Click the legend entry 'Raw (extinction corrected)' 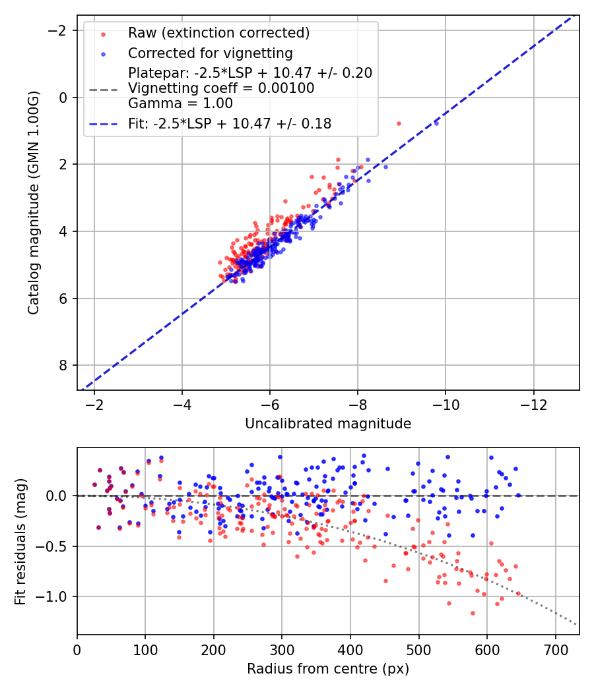click(x=218, y=33)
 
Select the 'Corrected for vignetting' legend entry click(x=211, y=53)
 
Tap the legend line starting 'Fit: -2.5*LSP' click(x=230, y=123)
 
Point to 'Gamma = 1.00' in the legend click(x=180, y=103)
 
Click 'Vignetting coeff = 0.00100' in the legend click(x=221, y=88)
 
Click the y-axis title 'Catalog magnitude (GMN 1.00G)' click(x=34, y=202)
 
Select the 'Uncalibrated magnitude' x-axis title click(x=328, y=424)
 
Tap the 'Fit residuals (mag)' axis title click(x=21, y=541)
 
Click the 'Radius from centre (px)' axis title click(x=328, y=669)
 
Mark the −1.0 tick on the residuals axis click(x=57, y=596)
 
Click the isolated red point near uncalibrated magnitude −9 click(x=399, y=123)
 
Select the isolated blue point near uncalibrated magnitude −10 click(x=436, y=123)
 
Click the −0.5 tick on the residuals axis click(x=57, y=546)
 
